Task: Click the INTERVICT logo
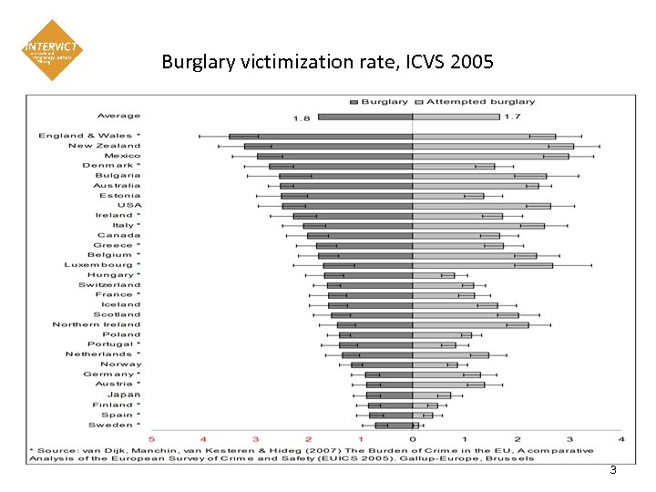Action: pos(52,50)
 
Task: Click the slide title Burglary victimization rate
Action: pos(327,62)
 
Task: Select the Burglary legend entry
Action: pos(383,102)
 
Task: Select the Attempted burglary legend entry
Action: pos(480,102)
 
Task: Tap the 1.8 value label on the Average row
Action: pos(302,118)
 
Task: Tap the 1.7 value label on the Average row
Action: pos(512,118)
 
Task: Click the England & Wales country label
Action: pos(89,136)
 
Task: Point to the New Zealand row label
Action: pos(104,146)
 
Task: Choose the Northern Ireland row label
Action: pos(97,324)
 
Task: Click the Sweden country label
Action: pos(114,425)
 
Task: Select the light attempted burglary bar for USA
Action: pos(481,206)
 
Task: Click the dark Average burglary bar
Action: pos(365,117)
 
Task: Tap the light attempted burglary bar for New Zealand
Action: pos(493,146)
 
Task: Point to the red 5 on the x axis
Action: pos(152,439)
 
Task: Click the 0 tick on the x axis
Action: pos(413,439)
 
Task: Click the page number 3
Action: pos(613,470)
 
